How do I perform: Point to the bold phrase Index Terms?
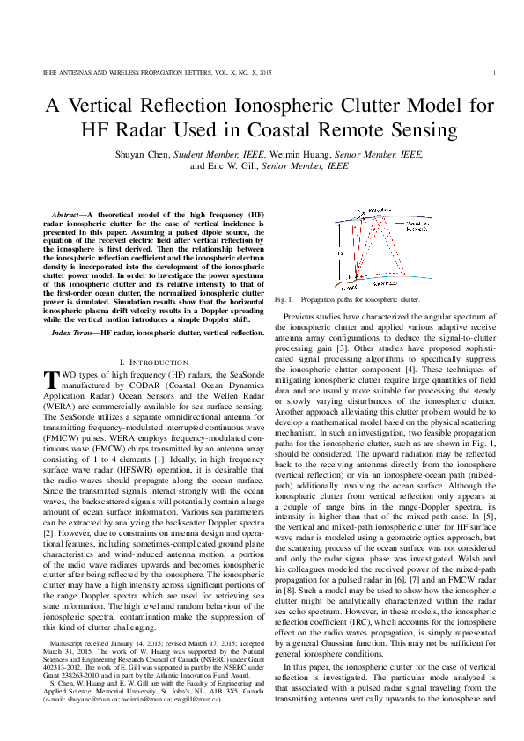click(74, 334)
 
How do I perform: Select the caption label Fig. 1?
click(284, 300)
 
